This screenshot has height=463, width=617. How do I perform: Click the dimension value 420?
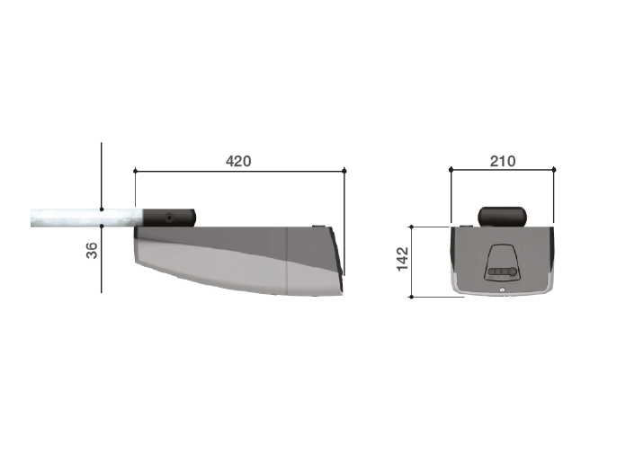coord(238,161)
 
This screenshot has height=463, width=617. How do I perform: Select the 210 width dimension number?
coord(503,161)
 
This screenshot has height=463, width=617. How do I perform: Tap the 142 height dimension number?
coord(403,259)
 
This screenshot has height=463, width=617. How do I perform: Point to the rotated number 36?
coord(92,251)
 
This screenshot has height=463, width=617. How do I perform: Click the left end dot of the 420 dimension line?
coord(135,171)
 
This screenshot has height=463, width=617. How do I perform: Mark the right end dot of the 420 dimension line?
coord(344,171)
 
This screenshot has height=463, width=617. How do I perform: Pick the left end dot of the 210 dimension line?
coord(451,170)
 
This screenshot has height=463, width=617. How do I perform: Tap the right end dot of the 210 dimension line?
coord(554,170)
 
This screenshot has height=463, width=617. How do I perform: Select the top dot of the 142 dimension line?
coord(412,227)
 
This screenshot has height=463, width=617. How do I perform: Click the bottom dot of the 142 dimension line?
coord(412,297)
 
